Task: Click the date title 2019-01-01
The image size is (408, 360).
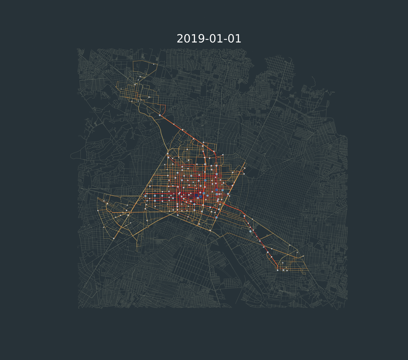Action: coord(209,39)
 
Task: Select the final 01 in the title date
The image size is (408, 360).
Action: coord(234,39)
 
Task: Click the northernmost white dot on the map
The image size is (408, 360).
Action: coord(154,64)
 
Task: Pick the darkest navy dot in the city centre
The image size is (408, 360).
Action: coord(196,195)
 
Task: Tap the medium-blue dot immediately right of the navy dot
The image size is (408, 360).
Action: coord(200,196)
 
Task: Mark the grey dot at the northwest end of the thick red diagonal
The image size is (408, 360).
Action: coord(160,115)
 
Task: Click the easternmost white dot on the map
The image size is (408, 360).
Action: coord(303,256)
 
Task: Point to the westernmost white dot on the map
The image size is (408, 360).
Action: coord(98,211)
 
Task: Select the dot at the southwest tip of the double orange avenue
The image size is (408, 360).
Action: coord(114,238)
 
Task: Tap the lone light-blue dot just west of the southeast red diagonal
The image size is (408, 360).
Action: coord(250,231)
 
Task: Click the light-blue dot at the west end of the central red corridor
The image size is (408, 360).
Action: coord(146,196)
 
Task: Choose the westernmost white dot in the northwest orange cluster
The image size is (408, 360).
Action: coord(121,89)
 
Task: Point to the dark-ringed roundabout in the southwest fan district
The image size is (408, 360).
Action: coord(111,212)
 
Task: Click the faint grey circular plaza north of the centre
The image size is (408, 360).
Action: coord(218,133)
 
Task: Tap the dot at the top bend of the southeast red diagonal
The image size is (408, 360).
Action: coord(244,216)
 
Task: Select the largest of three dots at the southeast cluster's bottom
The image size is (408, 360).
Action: coord(283,270)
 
